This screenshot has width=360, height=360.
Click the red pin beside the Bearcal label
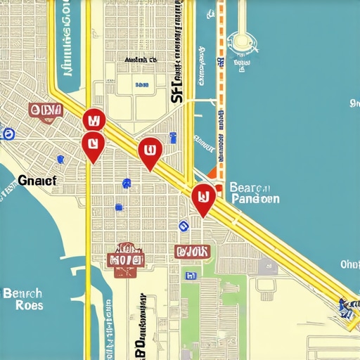pyautogui.click(x=202, y=198)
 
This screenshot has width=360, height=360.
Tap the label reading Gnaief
pyautogui.click(x=37, y=180)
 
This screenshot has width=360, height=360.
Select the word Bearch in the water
pyautogui.click(x=22, y=292)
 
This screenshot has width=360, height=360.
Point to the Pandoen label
pyautogui.click(x=255, y=199)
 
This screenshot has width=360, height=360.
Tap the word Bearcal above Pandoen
pyautogui.click(x=250, y=188)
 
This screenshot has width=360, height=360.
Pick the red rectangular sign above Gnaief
pyautogui.click(x=46, y=110)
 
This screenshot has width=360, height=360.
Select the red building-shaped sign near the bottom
pyautogui.click(x=125, y=258)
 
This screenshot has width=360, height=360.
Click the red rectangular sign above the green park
pyautogui.click(x=192, y=251)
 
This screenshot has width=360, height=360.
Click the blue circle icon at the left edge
pyautogui.click(x=8, y=134)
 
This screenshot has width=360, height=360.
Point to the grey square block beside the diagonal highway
pyautogui.click(x=266, y=267)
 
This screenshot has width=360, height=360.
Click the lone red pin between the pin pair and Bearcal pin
pyautogui.click(x=149, y=153)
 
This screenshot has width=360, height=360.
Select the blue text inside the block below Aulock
pyautogui.click(x=141, y=84)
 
